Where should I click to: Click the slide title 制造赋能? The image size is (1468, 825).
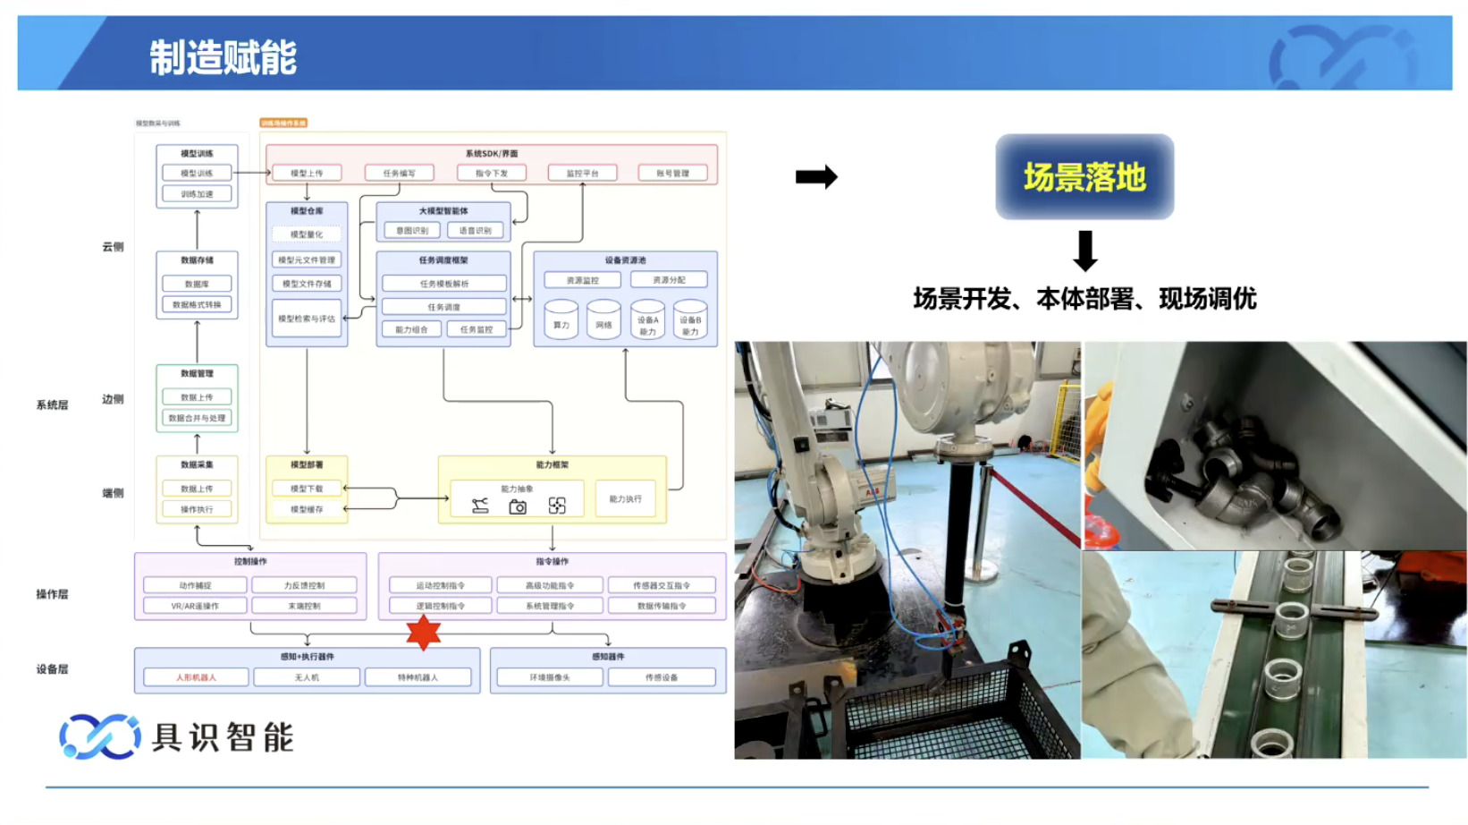point(223,58)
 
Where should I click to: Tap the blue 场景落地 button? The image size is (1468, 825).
point(1084,177)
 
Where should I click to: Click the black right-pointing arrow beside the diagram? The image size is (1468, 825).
point(816,177)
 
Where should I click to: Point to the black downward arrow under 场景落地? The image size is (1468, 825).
point(1085,251)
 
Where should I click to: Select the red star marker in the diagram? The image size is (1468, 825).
point(424,632)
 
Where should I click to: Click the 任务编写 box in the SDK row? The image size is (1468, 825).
point(400,173)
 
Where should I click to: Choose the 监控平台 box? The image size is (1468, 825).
point(582,173)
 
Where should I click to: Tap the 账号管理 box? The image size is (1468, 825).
point(673,173)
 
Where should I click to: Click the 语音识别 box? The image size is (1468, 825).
point(476,231)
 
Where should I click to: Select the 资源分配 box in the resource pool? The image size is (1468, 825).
point(669,280)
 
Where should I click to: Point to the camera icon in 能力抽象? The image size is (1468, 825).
point(518,506)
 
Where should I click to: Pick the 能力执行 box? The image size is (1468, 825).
point(625,499)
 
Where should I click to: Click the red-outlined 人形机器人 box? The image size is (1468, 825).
point(196,677)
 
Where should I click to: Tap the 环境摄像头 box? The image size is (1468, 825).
point(549,677)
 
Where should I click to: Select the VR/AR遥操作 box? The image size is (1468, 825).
point(195,606)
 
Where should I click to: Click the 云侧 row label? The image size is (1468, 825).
point(113,247)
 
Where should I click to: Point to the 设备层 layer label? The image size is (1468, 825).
point(52,669)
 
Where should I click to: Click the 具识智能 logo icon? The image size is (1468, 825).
point(99,736)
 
